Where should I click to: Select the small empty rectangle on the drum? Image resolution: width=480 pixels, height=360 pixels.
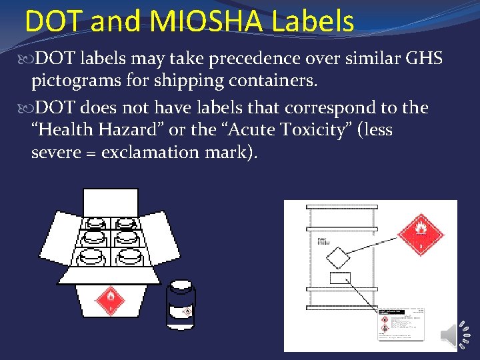tap(340, 278)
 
